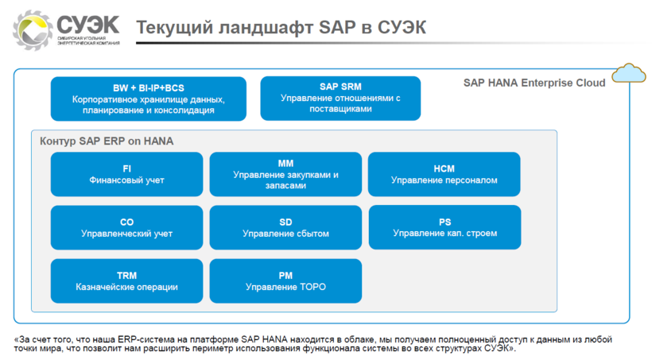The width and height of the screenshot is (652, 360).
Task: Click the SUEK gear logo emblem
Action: (32, 30)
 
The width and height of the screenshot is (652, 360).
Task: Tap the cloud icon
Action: (629, 73)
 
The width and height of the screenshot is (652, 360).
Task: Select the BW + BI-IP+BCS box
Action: (149, 99)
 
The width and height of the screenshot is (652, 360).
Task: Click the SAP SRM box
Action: (340, 98)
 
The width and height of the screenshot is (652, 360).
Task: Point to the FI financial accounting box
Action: (127, 174)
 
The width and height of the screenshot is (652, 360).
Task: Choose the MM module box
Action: (285, 174)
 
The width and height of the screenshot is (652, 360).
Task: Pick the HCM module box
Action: (444, 174)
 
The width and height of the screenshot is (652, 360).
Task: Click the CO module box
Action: (127, 227)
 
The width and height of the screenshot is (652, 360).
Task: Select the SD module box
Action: (285, 227)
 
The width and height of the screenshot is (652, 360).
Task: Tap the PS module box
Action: (445, 227)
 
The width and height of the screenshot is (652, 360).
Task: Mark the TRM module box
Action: (127, 281)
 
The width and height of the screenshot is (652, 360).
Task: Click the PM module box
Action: (285, 281)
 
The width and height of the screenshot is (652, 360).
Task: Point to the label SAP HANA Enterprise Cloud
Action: (534, 83)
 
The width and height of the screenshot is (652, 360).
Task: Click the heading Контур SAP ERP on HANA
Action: (107, 141)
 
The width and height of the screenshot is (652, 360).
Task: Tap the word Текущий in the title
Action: (174, 28)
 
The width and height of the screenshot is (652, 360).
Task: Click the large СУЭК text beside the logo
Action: (88, 25)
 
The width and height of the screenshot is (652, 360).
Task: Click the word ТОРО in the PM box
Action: (312, 287)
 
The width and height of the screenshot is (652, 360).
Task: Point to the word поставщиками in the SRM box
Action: (340, 109)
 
